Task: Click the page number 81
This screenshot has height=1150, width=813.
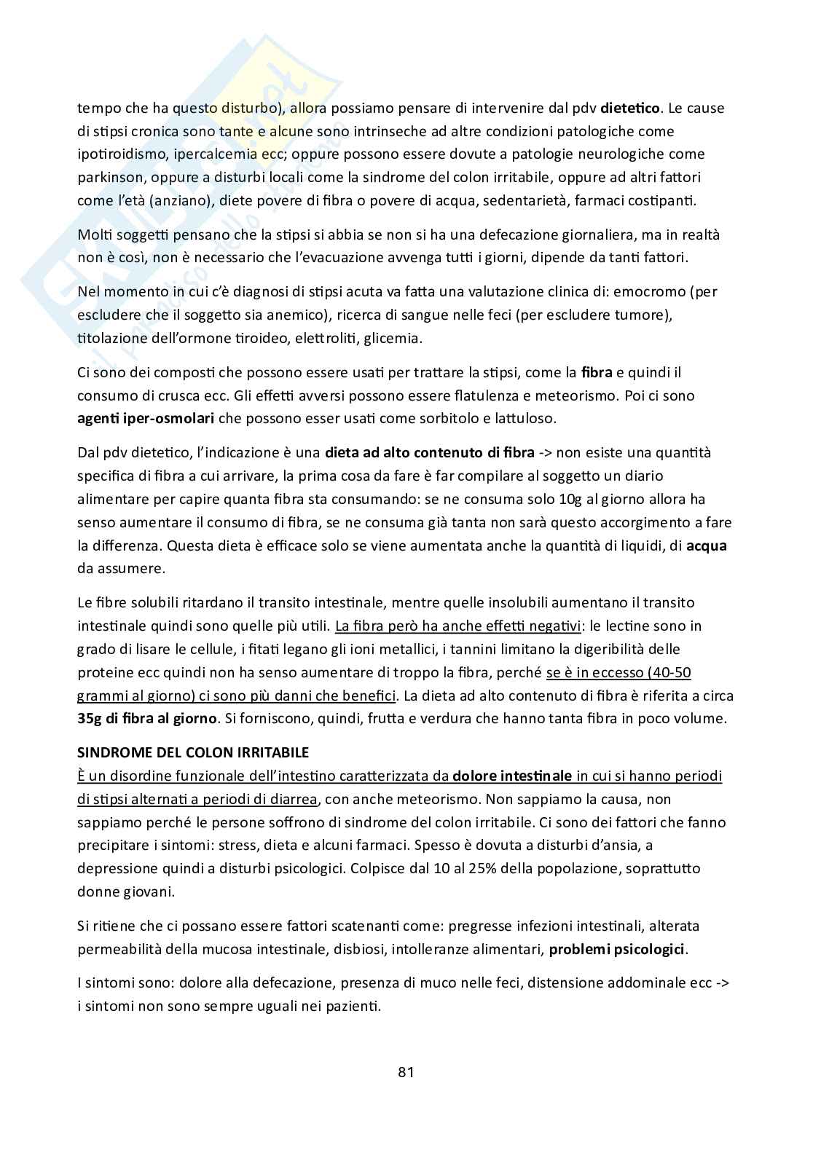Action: pos(406,1071)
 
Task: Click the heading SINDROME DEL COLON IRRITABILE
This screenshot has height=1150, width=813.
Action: pos(193,752)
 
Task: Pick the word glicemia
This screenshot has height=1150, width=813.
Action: pos(392,338)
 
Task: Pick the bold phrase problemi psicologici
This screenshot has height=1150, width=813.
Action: pos(616,949)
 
